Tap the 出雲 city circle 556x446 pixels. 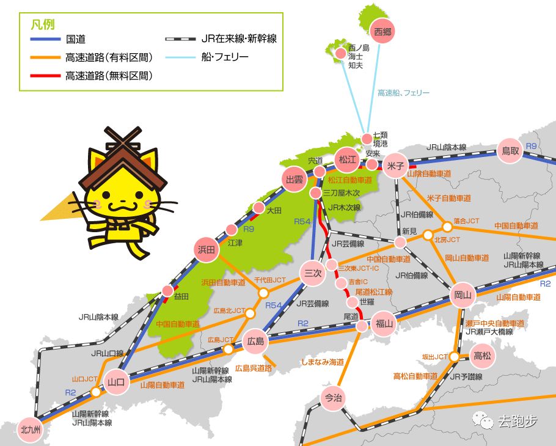(295, 179)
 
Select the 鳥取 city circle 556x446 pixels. (510, 150)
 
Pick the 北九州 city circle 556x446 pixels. (30, 428)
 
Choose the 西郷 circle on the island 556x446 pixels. (382, 30)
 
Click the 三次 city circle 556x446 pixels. (312, 273)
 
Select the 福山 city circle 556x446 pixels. (384, 324)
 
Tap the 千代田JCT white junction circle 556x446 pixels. (263, 293)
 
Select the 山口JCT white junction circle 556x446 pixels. (95, 392)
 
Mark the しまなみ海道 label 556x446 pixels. (323, 362)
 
